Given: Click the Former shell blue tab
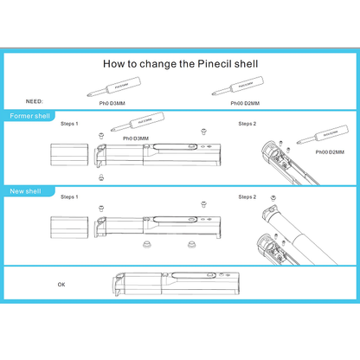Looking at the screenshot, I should tap(29, 116).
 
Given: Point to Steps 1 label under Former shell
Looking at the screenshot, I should tap(69, 124).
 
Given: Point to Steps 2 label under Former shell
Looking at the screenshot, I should tap(247, 124).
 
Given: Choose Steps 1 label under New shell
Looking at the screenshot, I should tap(69, 197).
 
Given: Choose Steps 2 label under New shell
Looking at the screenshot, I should tap(247, 197).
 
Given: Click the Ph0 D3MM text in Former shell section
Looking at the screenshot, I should tap(135, 138).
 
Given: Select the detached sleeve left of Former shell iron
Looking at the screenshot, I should tap(67, 155).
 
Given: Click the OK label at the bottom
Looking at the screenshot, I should tap(61, 284).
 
